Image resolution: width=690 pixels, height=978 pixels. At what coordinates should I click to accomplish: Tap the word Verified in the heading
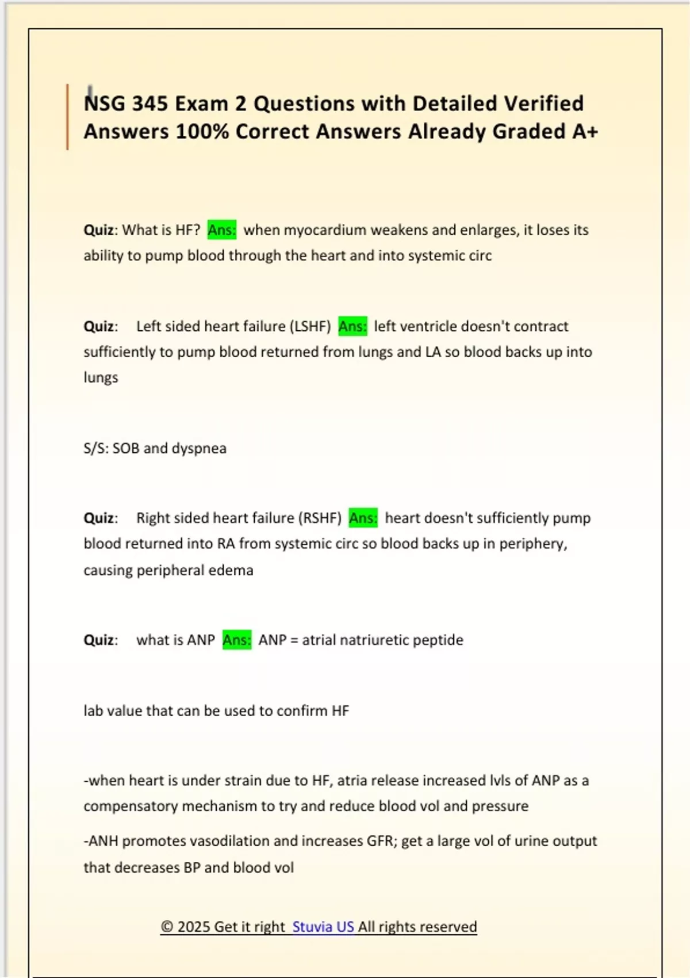pyautogui.click(x=543, y=104)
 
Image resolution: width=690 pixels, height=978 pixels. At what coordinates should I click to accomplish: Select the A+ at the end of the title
pyautogui.click(x=585, y=132)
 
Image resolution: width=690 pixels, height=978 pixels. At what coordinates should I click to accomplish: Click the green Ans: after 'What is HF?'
pyautogui.click(x=221, y=230)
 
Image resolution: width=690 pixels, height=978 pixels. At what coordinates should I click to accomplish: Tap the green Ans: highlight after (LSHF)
pyautogui.click(x=352, y=326)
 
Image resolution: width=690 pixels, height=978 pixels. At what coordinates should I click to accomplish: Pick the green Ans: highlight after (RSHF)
pyautogui.click(x=363, y=518)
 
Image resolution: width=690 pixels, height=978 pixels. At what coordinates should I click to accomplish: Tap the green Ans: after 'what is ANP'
pyautogui.click(x=236, y=640)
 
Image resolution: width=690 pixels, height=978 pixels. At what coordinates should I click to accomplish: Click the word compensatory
pyautogui.click(x=131, y=806)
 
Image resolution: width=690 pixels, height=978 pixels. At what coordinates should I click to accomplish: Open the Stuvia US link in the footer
pyautogui.click(x=323, y=927)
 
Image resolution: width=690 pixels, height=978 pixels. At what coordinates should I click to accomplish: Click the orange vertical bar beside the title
pyautogui.click(x=67, y=117)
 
